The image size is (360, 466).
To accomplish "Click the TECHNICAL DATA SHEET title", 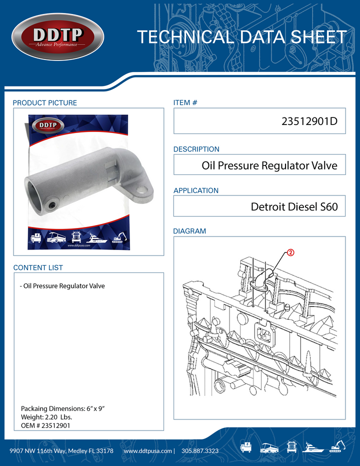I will [x=241, y=37].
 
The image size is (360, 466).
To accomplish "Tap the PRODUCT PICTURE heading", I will [x=45, y=103].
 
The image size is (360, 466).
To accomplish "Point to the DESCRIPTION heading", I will [x=196, y=149].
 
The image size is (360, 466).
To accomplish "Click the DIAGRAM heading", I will [x=189, y=231].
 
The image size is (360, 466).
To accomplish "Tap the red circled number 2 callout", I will [x=290, y=253].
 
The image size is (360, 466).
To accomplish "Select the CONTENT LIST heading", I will [x=38, y=268].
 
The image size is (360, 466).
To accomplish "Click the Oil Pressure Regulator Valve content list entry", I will [x=62, y=286].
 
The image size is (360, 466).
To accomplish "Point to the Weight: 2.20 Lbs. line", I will [x=46, y=417].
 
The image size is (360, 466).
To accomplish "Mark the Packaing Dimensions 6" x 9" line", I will [x=62, y=408].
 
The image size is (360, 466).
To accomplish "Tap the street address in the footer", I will [x=61, y=451].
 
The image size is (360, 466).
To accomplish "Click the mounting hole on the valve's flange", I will [x=143, y=190].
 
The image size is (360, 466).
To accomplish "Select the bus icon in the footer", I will [x=269, y=446].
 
